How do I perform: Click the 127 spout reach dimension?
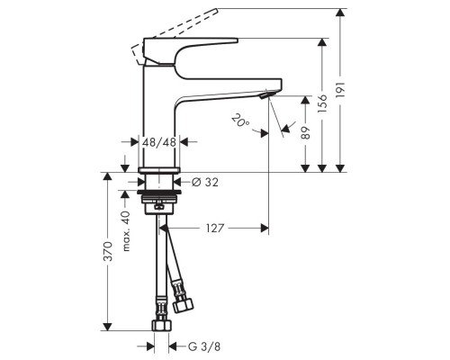click(x=214, y=228)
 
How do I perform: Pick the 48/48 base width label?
click(x=159, y=141)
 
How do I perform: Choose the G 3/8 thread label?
click(x=202, y=345)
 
